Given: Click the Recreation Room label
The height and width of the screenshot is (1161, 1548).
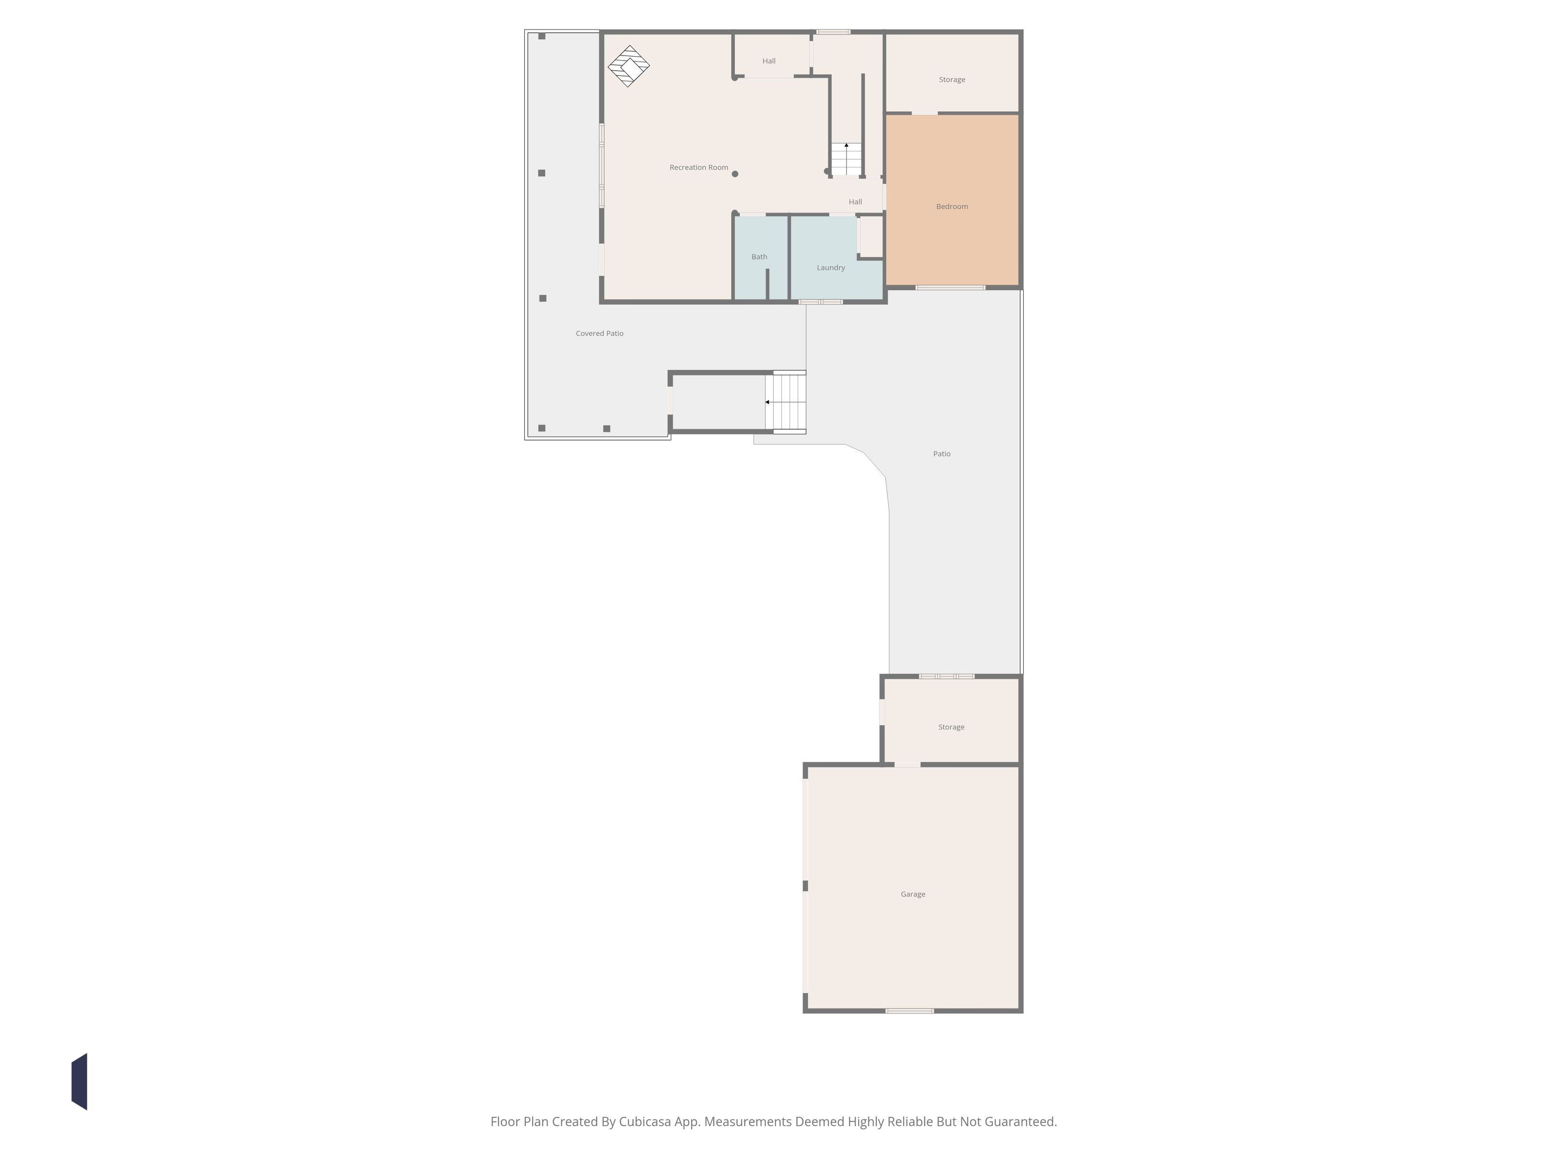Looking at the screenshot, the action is point(699,167).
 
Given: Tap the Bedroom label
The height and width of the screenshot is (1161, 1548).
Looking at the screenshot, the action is point(952,207).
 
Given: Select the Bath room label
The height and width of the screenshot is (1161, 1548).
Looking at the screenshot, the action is point(759,257).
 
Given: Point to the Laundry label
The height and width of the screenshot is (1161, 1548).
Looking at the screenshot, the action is point(831,268).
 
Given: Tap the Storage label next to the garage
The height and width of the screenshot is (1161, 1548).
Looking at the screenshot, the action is point(951,727).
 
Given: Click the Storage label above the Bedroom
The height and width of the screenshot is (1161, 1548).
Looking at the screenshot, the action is point(952,80).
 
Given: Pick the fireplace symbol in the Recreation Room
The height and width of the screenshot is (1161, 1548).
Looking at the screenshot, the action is point(628,66).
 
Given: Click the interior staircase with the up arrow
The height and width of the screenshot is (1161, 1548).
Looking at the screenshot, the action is point(846,159).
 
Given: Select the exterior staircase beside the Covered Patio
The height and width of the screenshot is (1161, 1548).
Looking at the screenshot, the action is point(785,402).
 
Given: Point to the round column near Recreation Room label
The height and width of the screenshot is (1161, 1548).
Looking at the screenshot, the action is point(735,174).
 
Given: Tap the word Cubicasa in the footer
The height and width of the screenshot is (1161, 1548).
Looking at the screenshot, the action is point(644,1122).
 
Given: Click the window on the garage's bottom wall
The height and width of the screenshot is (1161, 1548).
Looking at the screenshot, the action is point(909,1011).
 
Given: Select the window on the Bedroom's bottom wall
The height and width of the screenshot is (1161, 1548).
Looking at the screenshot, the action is point(951,288).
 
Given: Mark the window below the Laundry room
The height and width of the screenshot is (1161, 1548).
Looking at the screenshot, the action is point(821,302).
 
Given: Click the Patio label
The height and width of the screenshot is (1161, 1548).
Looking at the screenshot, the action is point(941,453).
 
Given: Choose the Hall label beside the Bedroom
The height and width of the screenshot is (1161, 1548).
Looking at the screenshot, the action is point(855,202).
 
